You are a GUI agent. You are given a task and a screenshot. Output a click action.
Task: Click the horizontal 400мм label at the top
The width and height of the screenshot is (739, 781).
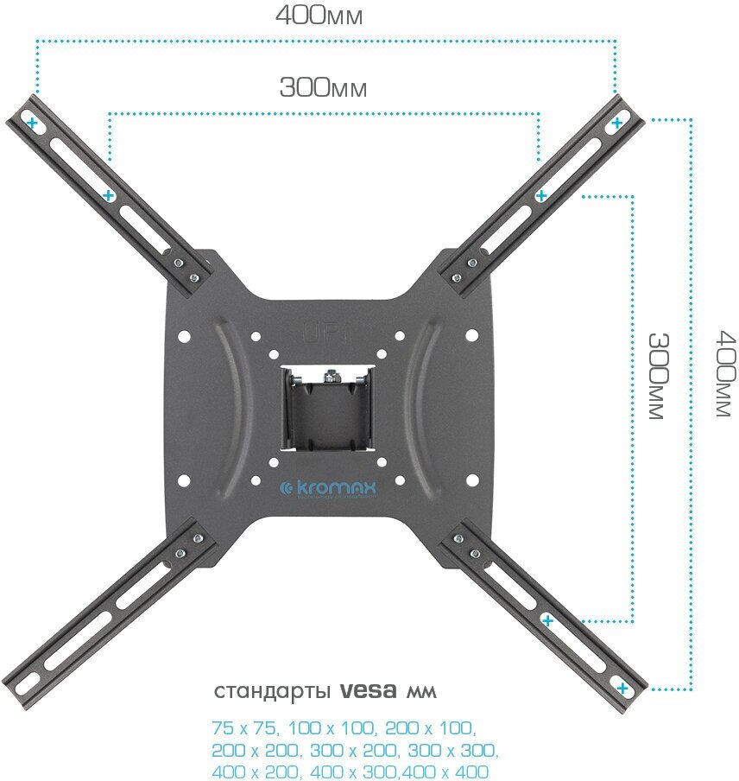coord(319,16)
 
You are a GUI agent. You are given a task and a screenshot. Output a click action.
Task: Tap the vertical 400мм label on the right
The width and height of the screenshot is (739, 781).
coord(725,374)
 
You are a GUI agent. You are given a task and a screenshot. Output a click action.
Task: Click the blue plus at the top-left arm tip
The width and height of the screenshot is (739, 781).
coord(33,124)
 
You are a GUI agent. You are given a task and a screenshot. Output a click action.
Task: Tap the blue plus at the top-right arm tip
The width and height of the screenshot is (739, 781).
coord(616,124)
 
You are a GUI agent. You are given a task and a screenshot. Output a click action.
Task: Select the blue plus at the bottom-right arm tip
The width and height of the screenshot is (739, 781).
coord(622,689)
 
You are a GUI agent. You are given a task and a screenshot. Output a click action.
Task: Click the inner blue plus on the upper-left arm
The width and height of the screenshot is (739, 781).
coord(109,196)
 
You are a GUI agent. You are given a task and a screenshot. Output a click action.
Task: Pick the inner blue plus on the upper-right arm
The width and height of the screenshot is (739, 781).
coord(541,196)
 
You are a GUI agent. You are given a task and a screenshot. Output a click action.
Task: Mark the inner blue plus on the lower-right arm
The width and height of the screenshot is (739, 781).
coord(546,619)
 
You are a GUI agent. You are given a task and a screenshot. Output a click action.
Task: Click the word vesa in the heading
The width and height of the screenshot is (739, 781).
coord(369,692)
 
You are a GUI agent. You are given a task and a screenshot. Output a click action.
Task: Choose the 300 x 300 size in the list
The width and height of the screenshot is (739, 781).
coord(454,749)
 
